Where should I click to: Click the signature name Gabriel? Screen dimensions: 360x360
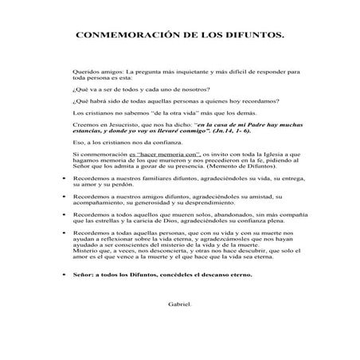tap(181, 303)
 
